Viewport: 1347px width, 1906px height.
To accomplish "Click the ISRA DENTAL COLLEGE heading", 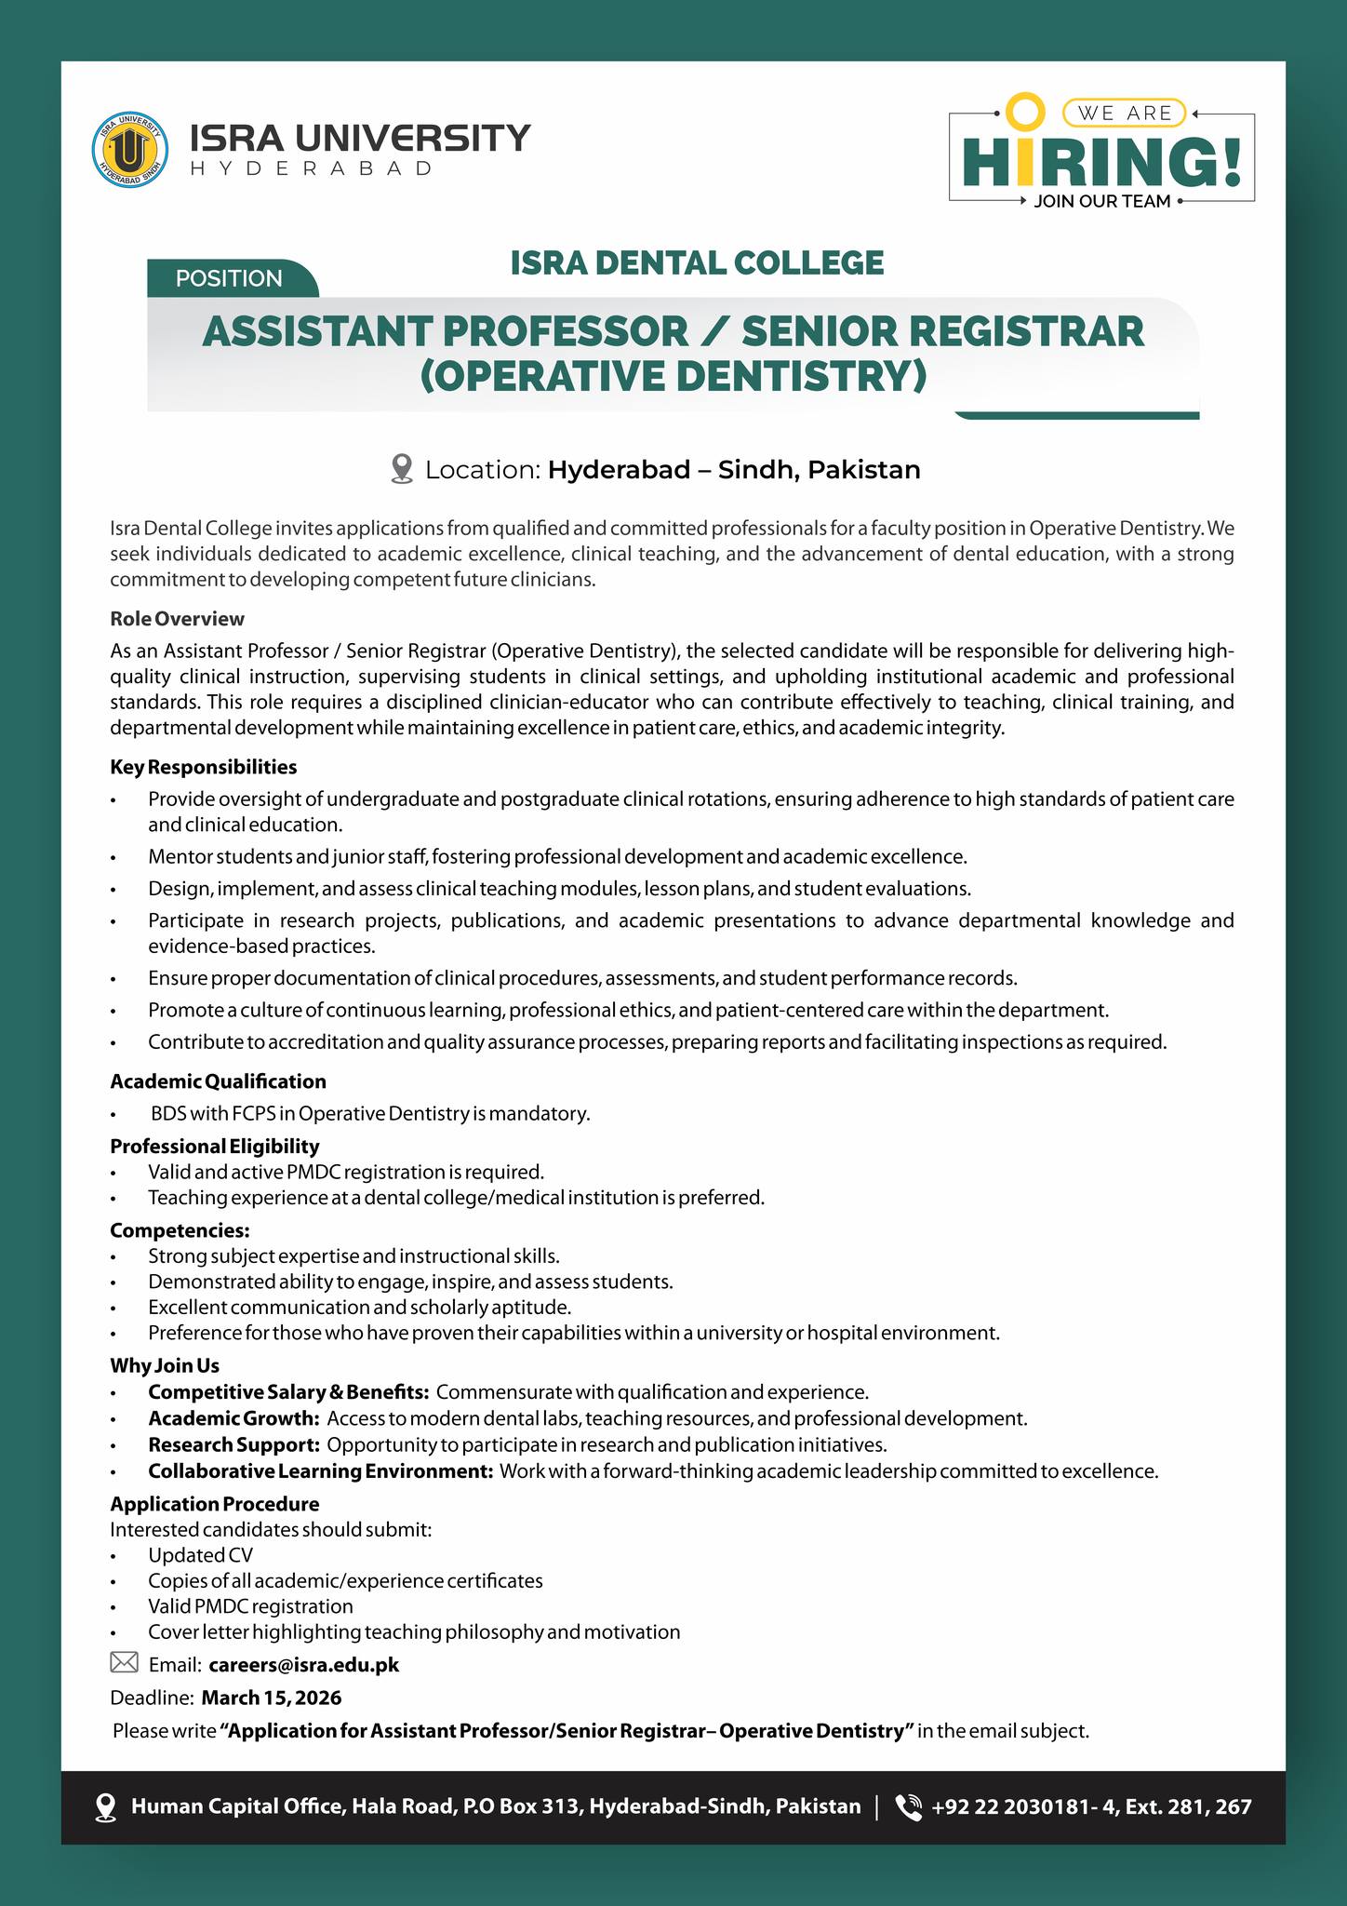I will coord(697,262).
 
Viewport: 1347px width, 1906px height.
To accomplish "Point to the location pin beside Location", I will coord(402,469).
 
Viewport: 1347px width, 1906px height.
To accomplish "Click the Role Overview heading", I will coord(177,619).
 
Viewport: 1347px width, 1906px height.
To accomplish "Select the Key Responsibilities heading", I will coord(203,767).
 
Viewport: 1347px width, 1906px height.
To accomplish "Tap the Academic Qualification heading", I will coord(218,1081).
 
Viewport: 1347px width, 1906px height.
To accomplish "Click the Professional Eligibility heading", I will coord(214,1146).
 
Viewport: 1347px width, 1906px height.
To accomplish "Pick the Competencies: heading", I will coord(180,1230).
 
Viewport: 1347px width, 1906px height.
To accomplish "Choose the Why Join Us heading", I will coord(165,1365).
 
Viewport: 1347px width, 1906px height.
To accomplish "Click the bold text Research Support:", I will coord(234,1444).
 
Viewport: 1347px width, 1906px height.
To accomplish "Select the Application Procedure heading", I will coord(214,1504).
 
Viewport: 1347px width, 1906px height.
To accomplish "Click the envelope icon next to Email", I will coord(124,1662).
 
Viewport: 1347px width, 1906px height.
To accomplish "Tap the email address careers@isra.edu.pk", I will coord(304,1664).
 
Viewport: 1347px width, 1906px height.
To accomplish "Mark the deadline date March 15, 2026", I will coord(272,1698).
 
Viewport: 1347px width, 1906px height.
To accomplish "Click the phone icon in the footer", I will coord(908,1806).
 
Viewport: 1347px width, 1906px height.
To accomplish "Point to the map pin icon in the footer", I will coord(106,1806).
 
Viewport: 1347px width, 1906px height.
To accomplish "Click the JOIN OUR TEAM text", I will coord(1101,202).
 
